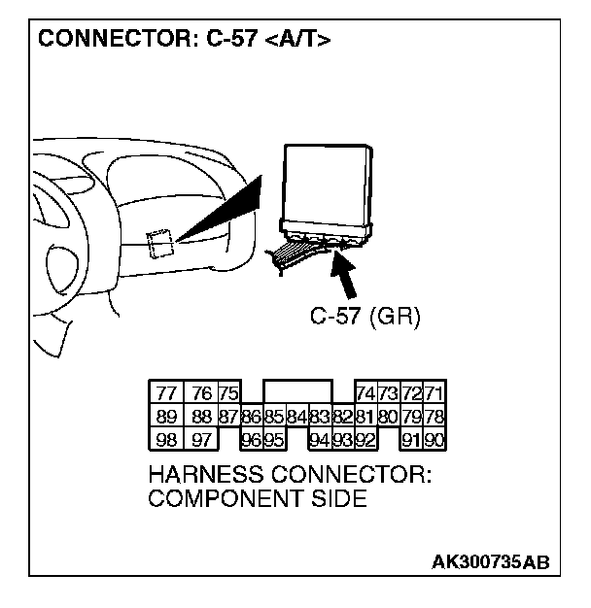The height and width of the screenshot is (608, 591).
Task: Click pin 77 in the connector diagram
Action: click(166, 393)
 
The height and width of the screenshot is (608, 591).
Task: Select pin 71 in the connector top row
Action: click(435, 393)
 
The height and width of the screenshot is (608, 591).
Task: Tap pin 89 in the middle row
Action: click(166, 417)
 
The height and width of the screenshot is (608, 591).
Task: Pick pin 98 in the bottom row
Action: click(166, 439)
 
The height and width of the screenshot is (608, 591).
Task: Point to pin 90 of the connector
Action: click(435, 439)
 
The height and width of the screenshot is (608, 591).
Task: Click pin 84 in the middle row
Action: click(297, 418)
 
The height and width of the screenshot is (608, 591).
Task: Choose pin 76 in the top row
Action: click(201, 393)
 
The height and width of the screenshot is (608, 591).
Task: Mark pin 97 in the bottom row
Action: click(201, 439)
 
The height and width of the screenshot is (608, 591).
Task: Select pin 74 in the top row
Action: click(366, 393)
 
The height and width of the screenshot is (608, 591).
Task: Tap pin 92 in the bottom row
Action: click(366, 439)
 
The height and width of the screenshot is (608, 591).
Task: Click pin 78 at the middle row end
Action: click(435, 417)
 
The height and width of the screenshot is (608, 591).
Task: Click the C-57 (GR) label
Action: click(365, 318)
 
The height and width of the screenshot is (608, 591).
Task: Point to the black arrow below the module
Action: click(343, 273)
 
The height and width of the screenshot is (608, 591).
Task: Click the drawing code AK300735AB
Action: click(491, 562)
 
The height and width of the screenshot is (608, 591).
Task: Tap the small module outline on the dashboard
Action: click(159, 243)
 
